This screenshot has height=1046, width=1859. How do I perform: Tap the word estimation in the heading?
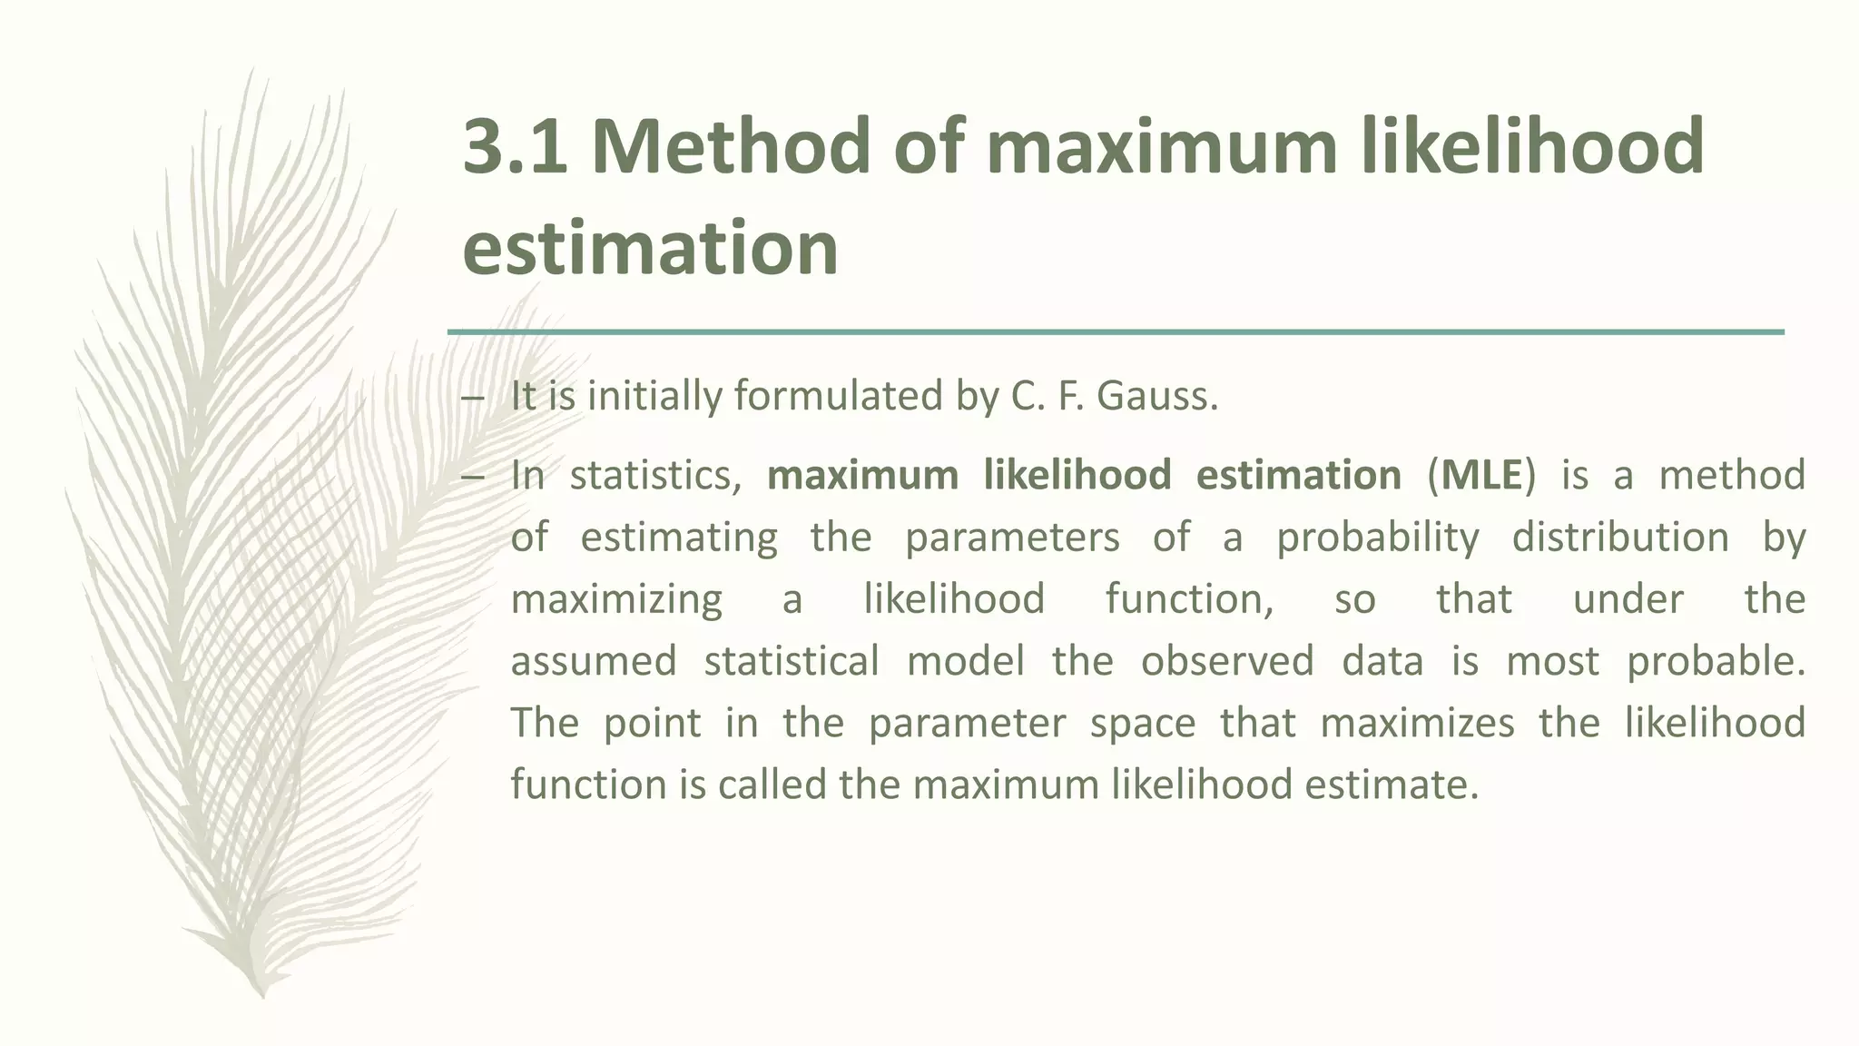pos(650,247)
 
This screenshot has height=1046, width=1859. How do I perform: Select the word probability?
pos(1378,538)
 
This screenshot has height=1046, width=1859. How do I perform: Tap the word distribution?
pos(1620,538)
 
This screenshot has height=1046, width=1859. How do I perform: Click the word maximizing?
pos(616,599)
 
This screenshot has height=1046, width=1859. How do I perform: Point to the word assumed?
pos(594,661)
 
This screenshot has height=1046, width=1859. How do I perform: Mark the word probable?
pos(1716,661)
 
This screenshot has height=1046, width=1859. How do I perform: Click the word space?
pos(1142,723)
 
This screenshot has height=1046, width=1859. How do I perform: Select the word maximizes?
pos(1417,723)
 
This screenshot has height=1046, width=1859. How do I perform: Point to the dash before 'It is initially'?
pos(473,398)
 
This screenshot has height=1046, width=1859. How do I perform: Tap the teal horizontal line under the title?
pos(1116,332)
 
